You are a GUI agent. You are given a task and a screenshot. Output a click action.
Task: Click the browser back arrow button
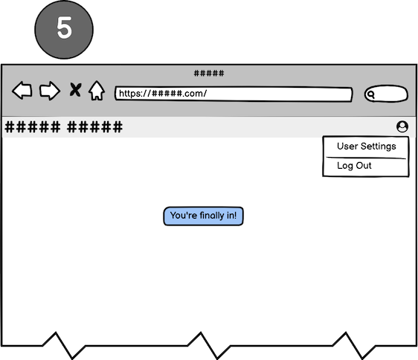[22, 91]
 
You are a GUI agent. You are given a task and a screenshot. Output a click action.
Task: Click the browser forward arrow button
[50, 91]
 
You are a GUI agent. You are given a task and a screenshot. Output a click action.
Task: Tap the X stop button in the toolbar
[75, 89]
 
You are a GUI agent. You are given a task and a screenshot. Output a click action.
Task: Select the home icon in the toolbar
[97, 91]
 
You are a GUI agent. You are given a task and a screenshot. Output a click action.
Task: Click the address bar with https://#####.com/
[234, 94]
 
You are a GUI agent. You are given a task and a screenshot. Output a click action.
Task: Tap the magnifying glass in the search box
[370, 94]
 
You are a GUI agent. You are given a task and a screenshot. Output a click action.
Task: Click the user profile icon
[402, 126]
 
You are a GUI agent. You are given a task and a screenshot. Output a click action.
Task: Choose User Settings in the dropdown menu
[366, 147]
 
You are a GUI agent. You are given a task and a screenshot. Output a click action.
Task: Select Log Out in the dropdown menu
[354, 166]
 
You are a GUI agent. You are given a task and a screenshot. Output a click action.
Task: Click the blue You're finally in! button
[203, 216]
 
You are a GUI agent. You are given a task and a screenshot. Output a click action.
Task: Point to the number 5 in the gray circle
[64, 28]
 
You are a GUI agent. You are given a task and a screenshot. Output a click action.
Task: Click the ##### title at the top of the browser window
[209, 73]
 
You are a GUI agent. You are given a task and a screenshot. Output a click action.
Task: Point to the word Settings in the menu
[379, 147]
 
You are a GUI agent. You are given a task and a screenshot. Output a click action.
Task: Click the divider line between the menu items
[366, 158]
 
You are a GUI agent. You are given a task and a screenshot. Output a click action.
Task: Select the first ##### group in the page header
[33, 127]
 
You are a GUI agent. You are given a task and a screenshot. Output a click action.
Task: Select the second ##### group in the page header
[94, 127]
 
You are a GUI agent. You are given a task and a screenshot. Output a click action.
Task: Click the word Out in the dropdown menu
[364, 165]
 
